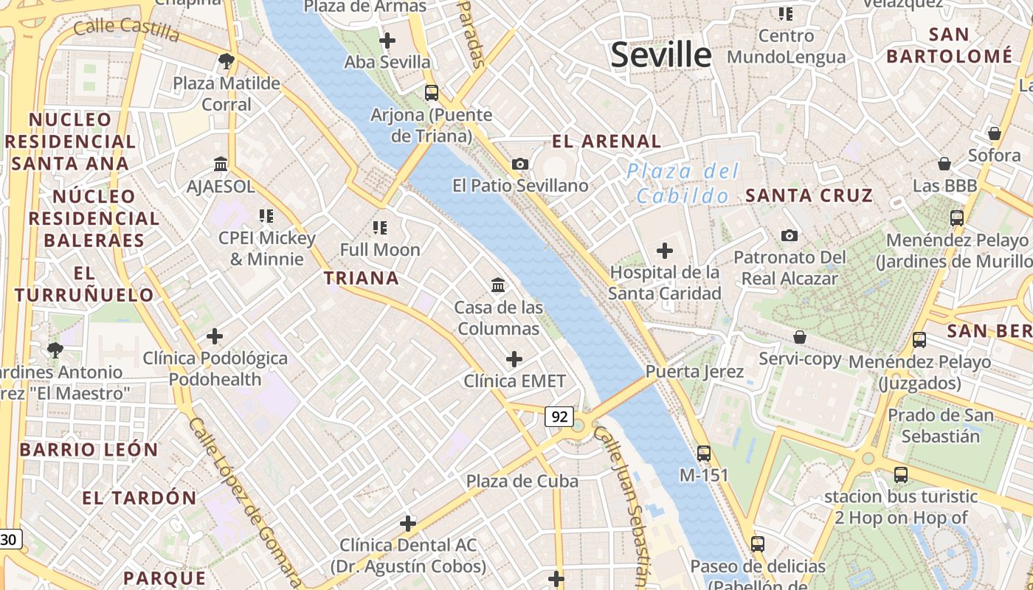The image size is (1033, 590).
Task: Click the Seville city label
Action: (660, 55)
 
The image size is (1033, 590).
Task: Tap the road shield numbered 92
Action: (559, 417)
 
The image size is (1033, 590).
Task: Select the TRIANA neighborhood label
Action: (362, 278)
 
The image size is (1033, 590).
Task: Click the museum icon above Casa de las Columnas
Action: (498, 285)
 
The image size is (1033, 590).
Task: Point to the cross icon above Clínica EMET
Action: (514, 359)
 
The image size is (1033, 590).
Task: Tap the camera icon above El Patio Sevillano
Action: (520, 164)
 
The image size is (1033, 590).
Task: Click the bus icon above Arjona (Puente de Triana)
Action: (432, 93)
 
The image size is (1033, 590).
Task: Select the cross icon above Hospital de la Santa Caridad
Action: (665, 251)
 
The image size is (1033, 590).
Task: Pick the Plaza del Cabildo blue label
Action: (683, 184)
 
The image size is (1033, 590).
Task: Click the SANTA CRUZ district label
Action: (809, 195)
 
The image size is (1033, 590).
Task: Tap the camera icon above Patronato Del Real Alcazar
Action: (790, 236)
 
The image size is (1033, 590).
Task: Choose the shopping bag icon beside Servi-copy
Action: (799, 338)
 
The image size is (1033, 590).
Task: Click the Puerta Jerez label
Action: (694, 371)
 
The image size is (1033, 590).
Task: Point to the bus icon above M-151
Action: (704, 453)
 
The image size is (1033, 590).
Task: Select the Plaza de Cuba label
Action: (522, 481)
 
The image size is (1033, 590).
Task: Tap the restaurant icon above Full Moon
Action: (380, 227)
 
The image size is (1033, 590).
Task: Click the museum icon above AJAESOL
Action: (221, 164)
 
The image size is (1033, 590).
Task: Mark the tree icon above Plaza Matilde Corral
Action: (227, 60)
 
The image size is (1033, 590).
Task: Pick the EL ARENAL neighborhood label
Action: (607, 141)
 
